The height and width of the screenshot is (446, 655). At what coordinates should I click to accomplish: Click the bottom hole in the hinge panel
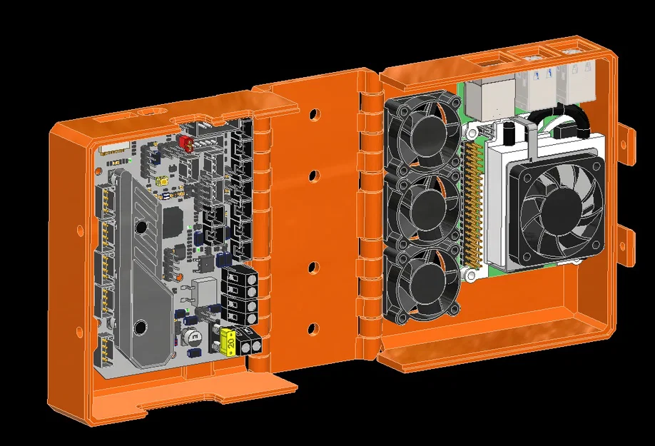(312, 329)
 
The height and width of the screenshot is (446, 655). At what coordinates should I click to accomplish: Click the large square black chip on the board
(173, 223)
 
